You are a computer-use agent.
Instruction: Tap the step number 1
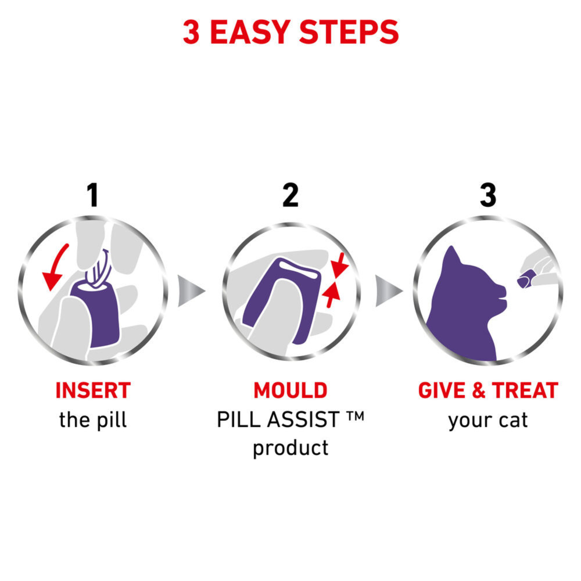tap(92, 196)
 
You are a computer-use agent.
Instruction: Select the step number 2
tap(290, 196)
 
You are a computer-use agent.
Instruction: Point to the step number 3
tap(488, 196)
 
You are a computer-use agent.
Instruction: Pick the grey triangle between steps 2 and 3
tap(389, 289)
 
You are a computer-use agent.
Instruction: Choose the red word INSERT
tap(93, 390)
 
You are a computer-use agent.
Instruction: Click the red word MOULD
tap(290, 390)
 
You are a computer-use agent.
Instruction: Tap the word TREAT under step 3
tap(525, 390)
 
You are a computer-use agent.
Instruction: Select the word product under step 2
tap(290, 448)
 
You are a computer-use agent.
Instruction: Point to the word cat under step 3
tap(512, 420)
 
